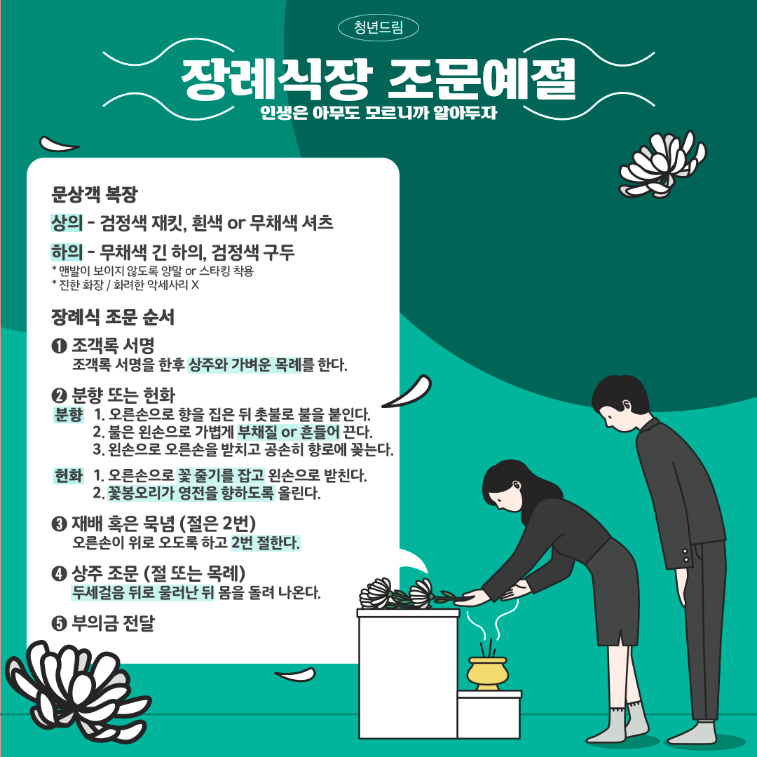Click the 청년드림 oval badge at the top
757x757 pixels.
coord(378,27)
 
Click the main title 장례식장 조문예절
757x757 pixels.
coord(378,79)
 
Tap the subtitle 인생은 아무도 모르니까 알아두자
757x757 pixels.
coord(378,112)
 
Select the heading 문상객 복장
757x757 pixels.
coord(95,194)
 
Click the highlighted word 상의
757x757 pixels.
coord(67,223)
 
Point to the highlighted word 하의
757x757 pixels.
coord(67,252)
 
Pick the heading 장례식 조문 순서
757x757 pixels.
coord(112,318)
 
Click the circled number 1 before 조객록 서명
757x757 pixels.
coord(59,346)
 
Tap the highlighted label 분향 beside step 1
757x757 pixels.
coord(69,414)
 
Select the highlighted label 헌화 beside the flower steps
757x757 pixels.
coord(69,475)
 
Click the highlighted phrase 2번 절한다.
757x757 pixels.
coord(265,543)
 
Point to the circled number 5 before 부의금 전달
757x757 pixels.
coord(59,623)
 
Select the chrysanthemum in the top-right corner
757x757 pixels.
coord(662,164)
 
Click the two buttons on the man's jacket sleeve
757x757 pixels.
coord(686,555)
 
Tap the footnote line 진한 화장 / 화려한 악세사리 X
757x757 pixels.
coord(125,285)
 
